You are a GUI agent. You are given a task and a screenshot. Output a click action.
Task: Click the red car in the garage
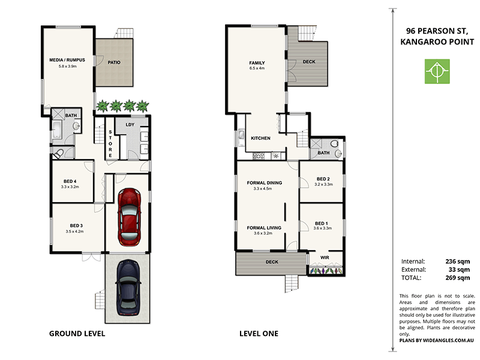(129, 217)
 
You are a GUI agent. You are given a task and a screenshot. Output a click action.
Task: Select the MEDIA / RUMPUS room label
(67, 60)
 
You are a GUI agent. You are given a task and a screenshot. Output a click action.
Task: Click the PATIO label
(115, 62)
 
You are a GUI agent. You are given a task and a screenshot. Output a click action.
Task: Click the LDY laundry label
(130, 125)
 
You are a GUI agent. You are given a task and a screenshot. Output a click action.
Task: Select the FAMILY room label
(257, 62)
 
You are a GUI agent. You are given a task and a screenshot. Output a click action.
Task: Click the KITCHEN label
(260, 138)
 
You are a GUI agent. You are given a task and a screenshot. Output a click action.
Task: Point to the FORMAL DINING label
(264, 182)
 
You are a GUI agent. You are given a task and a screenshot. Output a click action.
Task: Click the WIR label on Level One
(325, 257)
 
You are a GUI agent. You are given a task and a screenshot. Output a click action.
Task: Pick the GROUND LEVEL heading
(77, 334)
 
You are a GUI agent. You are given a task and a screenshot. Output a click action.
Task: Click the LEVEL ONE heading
(259, 334)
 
